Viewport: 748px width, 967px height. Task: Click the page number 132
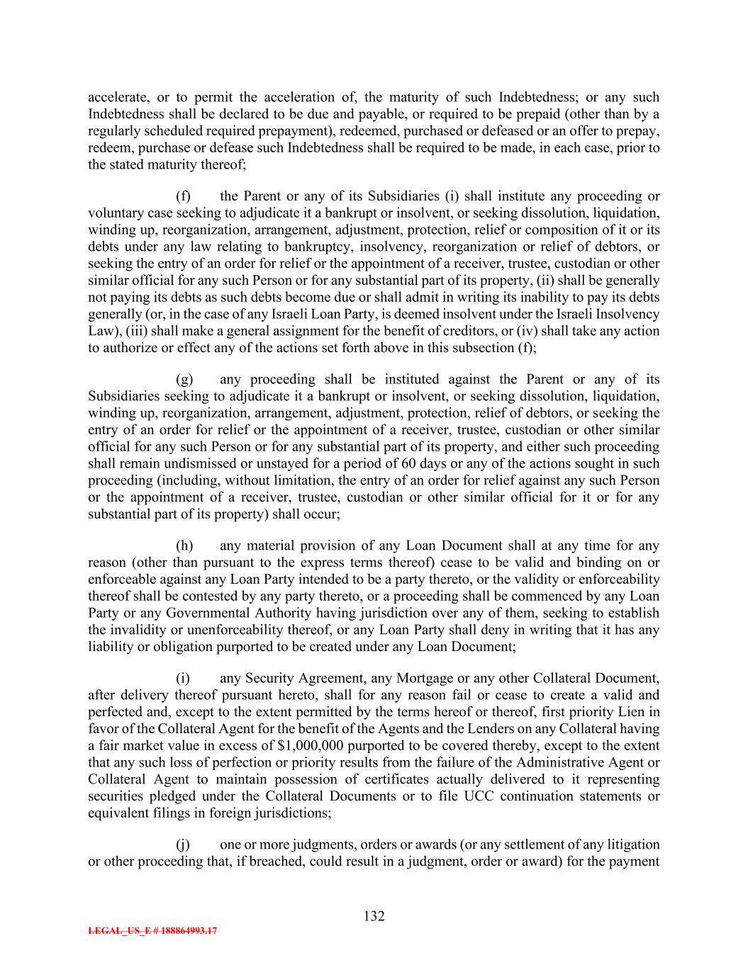374,917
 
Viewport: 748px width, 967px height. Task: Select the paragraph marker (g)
184,380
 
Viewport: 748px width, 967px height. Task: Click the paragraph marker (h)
184,545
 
